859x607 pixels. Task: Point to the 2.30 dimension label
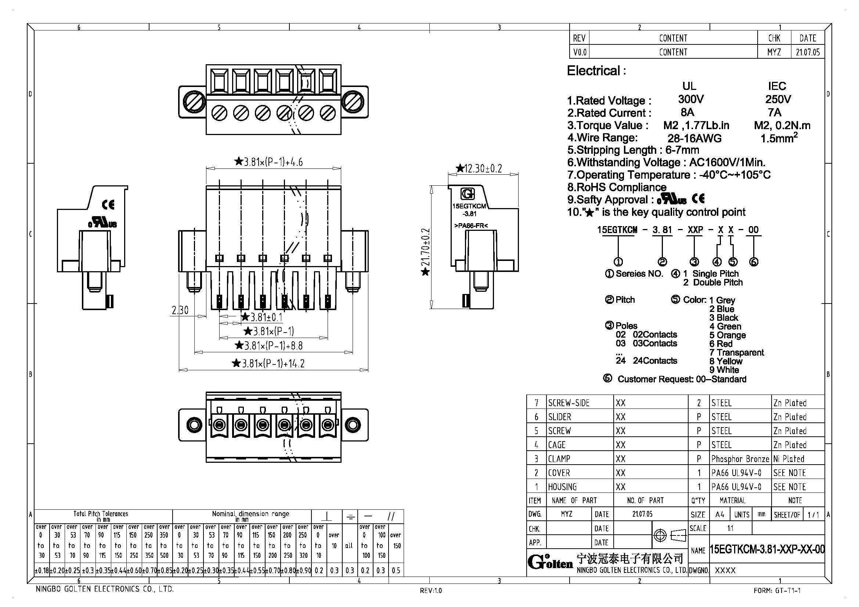click(x=180, y=310)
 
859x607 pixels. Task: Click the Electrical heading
click(x=596, y=70)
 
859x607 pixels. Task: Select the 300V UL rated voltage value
click(x=691, y=99)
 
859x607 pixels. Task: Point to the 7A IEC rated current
click(x=774, y=113)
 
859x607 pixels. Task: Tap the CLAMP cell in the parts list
click(x=559, y=459)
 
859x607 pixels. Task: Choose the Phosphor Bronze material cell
click(x=740, y=459)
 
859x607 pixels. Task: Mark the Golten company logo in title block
click(x=550, y=562)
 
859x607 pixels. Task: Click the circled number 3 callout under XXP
click(x=694, y=262)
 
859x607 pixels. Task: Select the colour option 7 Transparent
click(x=737, y=352)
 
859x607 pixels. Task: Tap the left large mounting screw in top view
click(x=194, y=102)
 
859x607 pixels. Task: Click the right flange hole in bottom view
click(x=353, y=425)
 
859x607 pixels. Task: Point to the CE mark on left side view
click(x=108, y=204)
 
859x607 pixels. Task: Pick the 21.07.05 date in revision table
click(x=807, y=52)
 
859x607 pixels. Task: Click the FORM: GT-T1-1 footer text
click(x=777, y=591)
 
